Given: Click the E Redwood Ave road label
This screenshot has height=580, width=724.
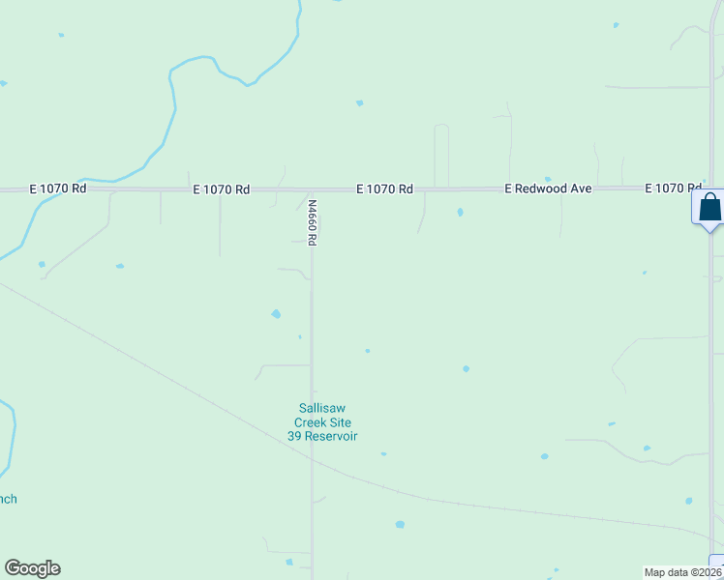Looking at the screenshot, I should (x=548, y=189).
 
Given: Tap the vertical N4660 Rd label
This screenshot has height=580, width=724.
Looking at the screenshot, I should (x=313, y=221).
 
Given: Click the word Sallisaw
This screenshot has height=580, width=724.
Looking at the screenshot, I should (x=322, y=408).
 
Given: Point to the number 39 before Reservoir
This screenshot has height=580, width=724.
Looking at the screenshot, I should (x=295, y=436).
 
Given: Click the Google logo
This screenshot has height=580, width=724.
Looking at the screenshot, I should (x=32, y=568).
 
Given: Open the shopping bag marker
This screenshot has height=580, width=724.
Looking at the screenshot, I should (x=709, y=207).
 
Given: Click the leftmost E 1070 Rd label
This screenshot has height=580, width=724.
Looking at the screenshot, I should (x=58, y=188).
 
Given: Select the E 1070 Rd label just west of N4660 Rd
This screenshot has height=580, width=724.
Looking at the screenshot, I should (x=222, y=189).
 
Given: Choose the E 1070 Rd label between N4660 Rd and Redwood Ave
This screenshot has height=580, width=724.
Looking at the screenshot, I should (x=385, y=189).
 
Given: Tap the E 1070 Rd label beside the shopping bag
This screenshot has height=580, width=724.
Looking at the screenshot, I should (x=674, y=188).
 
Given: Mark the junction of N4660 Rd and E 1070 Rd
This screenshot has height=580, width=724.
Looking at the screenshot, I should (x=311, y=190).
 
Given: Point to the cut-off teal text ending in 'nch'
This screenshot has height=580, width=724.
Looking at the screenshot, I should (x=8, y=499).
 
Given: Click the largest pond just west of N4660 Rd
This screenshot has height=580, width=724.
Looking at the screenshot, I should (x=276, y=314).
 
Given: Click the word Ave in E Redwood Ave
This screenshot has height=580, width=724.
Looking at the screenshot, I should (x=580, y=189).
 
